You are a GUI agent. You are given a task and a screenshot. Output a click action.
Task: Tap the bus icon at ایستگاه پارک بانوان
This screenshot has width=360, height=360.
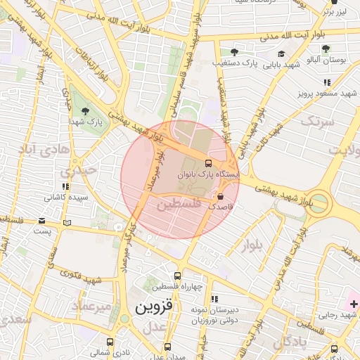tap(207, 163)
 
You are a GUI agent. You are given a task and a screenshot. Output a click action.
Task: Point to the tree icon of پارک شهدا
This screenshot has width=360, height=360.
tap(85, 110)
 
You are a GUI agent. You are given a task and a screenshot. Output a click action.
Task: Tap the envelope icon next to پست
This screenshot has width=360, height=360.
tap(67, 223)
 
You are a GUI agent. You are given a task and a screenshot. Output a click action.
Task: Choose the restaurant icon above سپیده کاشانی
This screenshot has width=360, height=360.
tap(65, 187)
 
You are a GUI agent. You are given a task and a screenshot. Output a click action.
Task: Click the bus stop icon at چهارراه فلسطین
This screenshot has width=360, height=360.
tap(177, 276)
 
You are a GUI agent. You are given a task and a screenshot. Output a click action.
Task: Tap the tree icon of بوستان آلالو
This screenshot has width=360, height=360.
tap(326, 49)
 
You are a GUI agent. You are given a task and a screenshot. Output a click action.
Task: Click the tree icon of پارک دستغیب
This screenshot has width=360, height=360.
tap(234, 51)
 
